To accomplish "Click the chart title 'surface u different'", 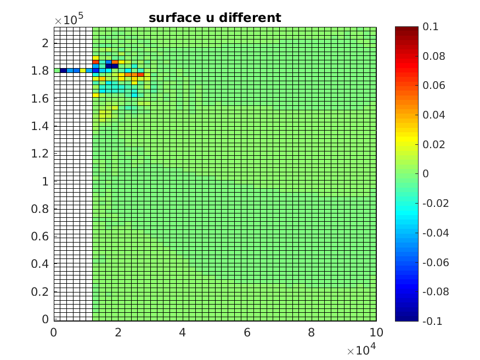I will click(x=214, y=18).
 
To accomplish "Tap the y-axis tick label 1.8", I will click(x=42, y=71).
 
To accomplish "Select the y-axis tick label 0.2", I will click(x=42, y=291).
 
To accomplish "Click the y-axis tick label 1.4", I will click(x=42, y=126).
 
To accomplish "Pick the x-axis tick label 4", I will click(x=183, y=333).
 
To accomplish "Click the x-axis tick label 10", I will click(x=376, y=333).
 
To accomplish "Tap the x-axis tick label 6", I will click(x=247, y=333).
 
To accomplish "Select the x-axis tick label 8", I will click(x=312, y=333).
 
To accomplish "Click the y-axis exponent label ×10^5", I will click(x=68, y=20).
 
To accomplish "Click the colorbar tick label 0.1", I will click(x=430, y=27).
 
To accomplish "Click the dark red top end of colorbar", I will click(x=406, y=29).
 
